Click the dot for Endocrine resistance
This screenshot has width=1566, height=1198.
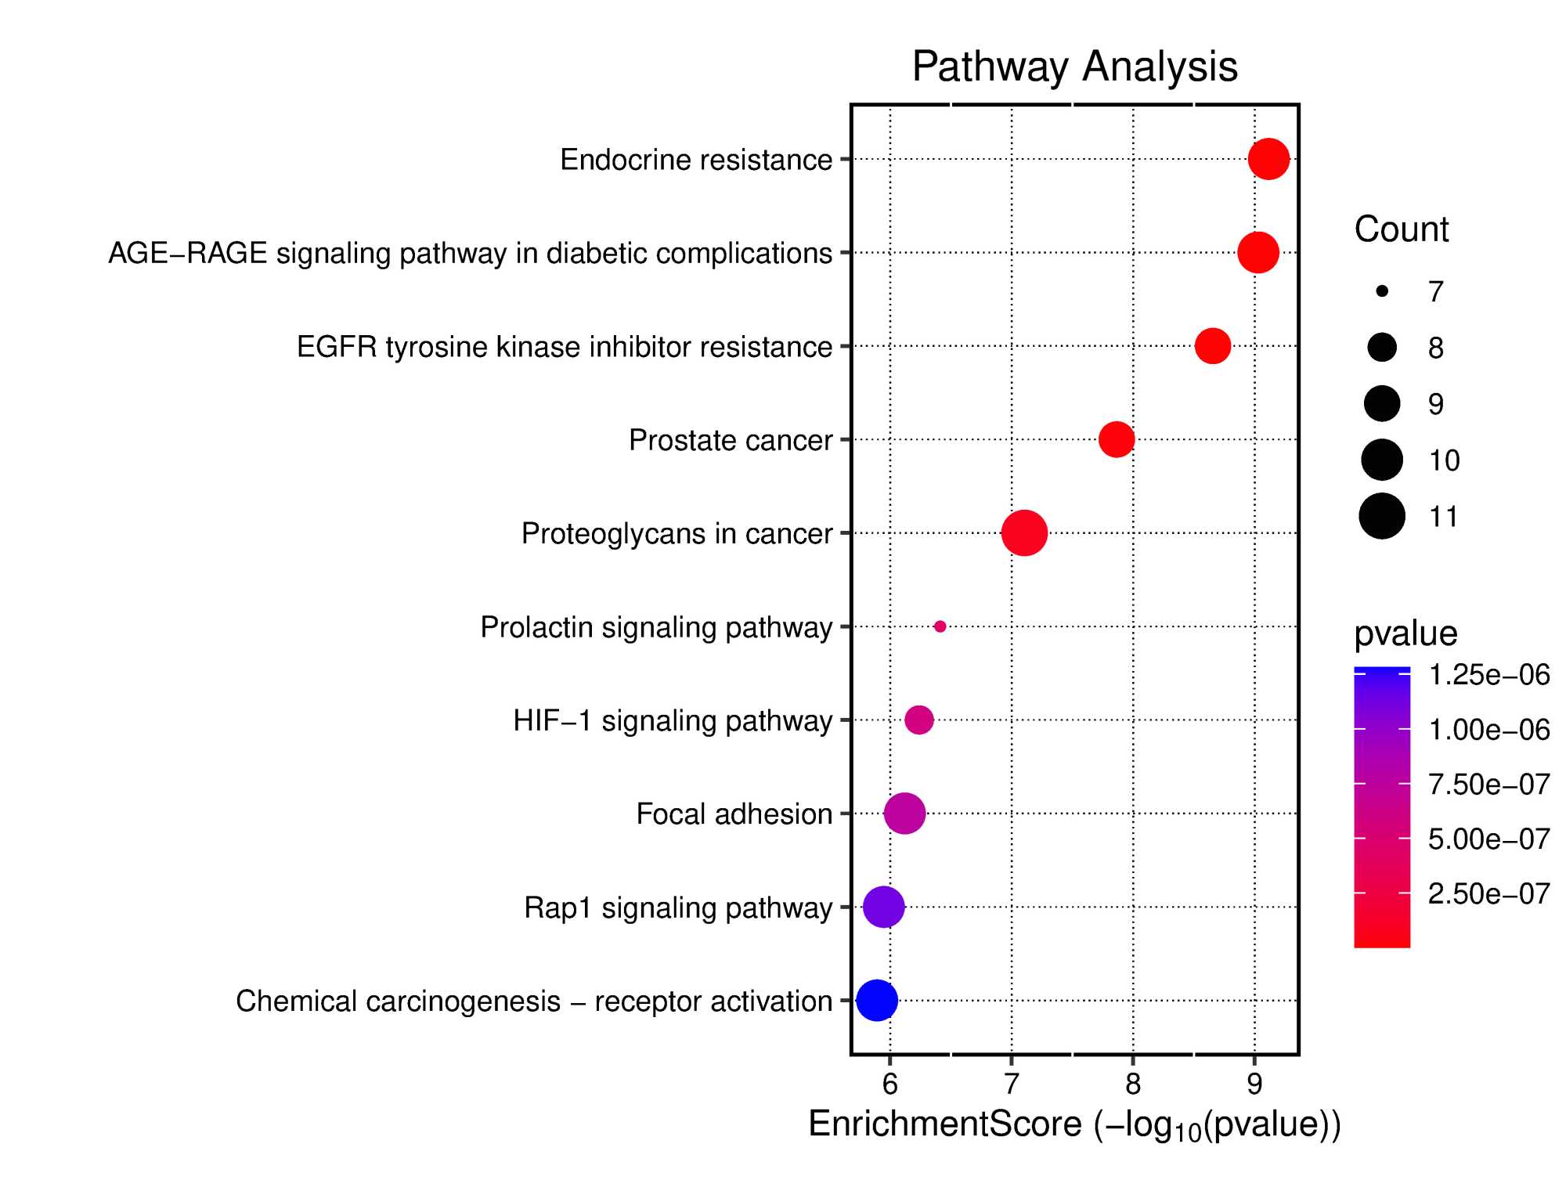(x=1268, y=159)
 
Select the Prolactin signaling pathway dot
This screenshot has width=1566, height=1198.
(x=940, y=626)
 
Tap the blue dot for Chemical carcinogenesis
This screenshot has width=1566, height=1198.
(x=877, y=1000)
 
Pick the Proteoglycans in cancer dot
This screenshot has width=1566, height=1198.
(x=1024, y=533)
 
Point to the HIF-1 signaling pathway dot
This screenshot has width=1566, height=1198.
(x=919, y=720)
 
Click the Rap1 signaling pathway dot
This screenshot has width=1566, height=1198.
(x=884, y=908)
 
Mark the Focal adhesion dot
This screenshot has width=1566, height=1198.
(x=905, y=813)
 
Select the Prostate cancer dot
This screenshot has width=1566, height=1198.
(x=1117, y=439)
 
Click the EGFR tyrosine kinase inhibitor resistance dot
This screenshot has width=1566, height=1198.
(x=1213, y=346)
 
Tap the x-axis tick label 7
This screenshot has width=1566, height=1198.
(x=1011, y=1084)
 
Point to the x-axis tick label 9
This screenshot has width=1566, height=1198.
(x=1254, y=1084)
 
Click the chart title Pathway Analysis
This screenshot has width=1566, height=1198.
(x=1074, y=67)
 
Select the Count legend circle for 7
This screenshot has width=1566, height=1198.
(x=1382, y=291)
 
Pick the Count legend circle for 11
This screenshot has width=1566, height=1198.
(x=1382, y=517)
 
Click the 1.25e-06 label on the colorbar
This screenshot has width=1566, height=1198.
(x=1488, y=675)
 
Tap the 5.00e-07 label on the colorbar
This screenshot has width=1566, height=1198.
(x=1488, y=839)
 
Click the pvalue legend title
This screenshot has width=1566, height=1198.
(x=1405, y=633)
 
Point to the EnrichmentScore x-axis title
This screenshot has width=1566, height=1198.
(x=1074, y=1125)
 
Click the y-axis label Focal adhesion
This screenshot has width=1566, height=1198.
(x=734, y=814)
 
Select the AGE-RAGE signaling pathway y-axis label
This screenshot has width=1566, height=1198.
(x=470, y=254)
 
